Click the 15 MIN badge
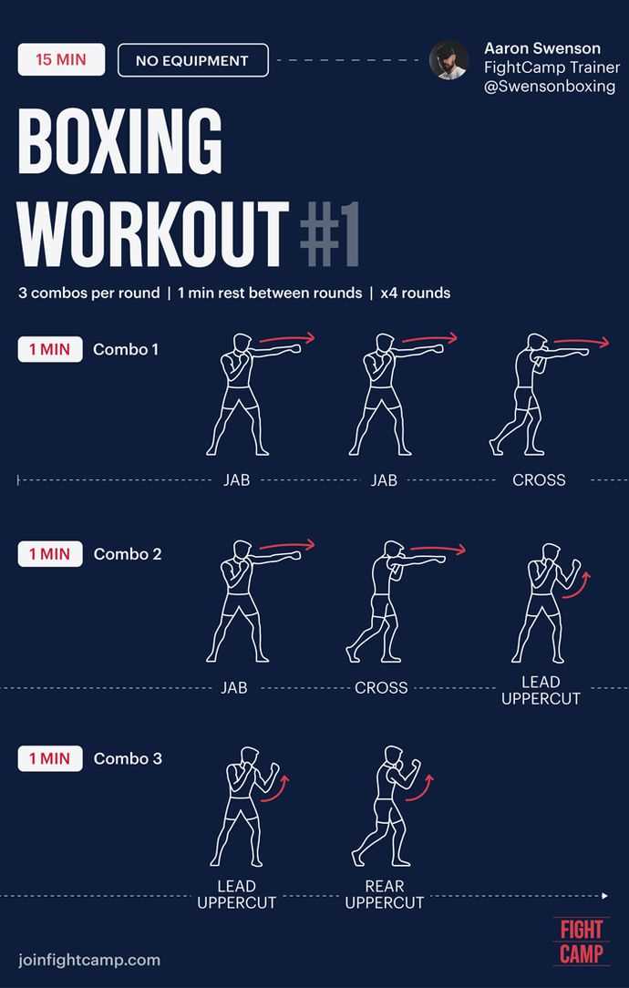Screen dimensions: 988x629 point(61,60)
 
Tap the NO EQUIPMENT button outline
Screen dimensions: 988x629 point(192,61)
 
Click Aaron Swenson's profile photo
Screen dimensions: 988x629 point(449,60)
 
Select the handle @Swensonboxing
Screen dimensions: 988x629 point(550,87)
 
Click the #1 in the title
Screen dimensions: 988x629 point(329,233)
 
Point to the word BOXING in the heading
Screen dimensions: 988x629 point(120,144)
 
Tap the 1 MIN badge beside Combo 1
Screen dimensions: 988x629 point(50,349)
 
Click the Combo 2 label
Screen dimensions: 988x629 point(128,554)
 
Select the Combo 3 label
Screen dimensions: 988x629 point(128,758)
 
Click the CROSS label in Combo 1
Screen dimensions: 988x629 point(539,480)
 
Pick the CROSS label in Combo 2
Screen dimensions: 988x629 point(381,688)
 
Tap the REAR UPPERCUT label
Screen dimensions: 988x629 point(385,894)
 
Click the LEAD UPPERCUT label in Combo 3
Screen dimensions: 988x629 point(236,894)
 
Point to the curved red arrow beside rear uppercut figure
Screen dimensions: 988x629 point(422,787)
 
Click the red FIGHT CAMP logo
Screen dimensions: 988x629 point(581,942)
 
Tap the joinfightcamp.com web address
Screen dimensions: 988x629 point(89,959)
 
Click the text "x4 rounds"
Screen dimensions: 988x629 point(416,293)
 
